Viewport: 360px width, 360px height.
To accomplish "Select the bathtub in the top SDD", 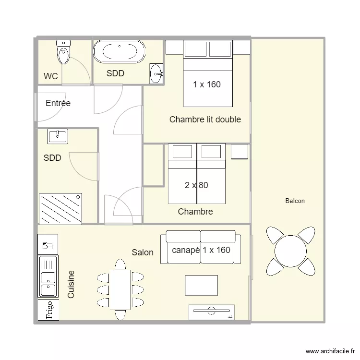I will click(x=119, y=52).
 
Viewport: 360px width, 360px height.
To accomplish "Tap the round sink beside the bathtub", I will click(x=156, y=73).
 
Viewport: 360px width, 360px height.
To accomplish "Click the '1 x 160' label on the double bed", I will click(x=207, y=84).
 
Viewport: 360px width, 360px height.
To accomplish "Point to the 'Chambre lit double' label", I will click(x=205, y=120).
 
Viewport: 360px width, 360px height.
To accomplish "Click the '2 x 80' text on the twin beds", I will click(x=196, y=185).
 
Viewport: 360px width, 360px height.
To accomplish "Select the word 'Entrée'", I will click(x=58, y=103).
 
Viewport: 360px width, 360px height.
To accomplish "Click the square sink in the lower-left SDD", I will click(x=58, y=136).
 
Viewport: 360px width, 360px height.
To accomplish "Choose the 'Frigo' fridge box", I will click(x=48, y=310).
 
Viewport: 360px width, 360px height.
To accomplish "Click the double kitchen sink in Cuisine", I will click(x=48, y=276).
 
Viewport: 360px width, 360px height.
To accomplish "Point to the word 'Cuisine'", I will click(x=71, y=284).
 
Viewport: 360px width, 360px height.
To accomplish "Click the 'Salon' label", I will click(x=143, y=252).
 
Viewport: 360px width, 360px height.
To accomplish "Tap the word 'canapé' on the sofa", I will click(x=185, y=250).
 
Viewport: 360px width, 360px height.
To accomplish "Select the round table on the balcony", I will click(x=290, y=250).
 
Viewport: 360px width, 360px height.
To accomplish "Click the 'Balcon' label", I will click(x=295, y=201).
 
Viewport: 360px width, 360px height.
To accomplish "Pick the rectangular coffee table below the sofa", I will click(x=201, y=286).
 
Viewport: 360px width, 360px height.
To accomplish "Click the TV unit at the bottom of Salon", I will click(x=211, y=312).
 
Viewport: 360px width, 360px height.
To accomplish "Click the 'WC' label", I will click(x=51, y=76).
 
